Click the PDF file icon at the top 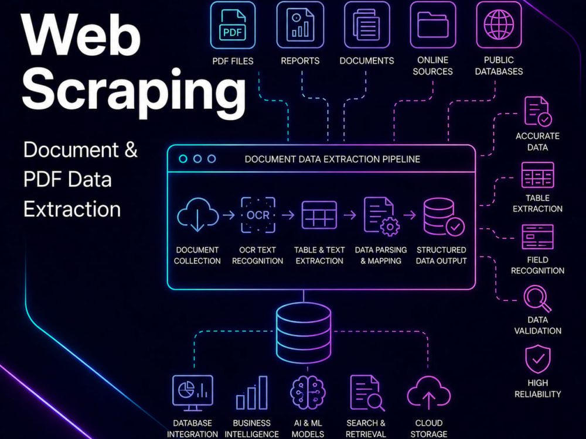[233, 25]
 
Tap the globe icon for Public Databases [499, 25]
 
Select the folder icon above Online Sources [433, 25]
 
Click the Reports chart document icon [300, 25]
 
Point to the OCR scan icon [258, 215]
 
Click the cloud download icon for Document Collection [197, 215]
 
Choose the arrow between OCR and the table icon [288, 215]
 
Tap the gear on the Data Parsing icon [390, 227]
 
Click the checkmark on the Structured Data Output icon [455, 227]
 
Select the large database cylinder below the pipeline [304, 332]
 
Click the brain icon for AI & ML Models [308, 393]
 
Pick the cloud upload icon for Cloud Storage [429, 393]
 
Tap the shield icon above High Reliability [538, 359]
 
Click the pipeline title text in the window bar [332, 159]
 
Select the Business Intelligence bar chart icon [252, 393]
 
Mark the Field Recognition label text [537, 265]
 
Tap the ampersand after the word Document [131, 150]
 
